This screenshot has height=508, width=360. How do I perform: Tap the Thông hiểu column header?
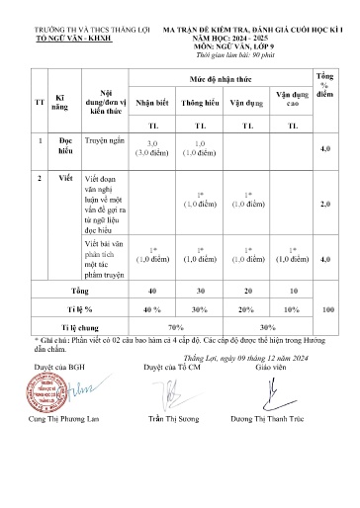click(200, 102)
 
